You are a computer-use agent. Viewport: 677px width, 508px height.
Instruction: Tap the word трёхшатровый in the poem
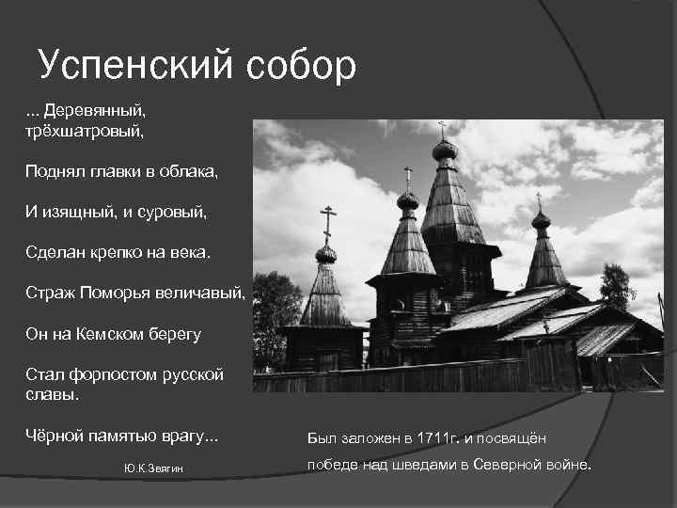point(85,130)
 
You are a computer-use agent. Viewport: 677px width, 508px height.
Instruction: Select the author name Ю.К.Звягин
point(153,468)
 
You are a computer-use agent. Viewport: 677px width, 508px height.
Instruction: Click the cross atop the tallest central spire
point(442,129)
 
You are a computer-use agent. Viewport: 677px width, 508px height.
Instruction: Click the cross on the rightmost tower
point(539,200)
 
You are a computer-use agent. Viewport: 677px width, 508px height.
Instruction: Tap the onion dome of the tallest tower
point(445,150)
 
